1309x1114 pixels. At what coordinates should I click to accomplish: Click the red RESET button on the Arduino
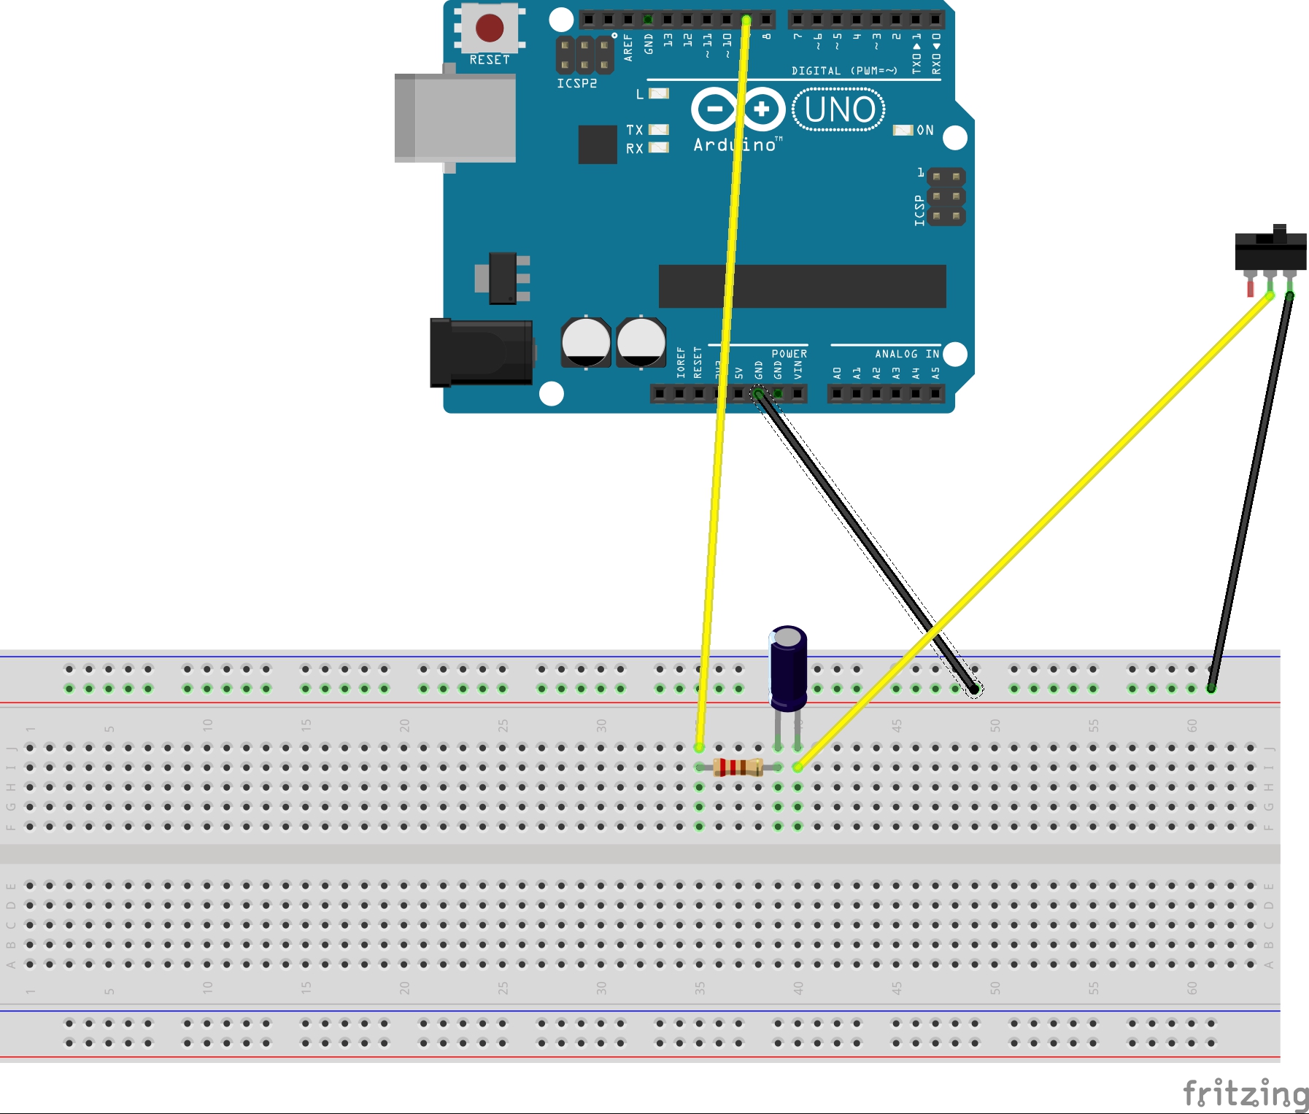pyautogui.click(x=489, y=28)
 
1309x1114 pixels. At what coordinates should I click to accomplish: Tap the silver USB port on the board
pyautogui.click(x=455, y=117)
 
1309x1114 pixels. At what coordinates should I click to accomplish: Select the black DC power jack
pyautogui.click(x=481, y=353)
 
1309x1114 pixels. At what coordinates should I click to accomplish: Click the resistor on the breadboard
pyautogui.click(x=738, y=767)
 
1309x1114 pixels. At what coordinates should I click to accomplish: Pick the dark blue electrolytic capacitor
pyautogui.click(x=788, y=668)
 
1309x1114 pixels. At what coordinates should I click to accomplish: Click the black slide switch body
pyautogui.click(x=1270, y=251)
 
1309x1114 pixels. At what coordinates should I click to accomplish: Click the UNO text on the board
pyautogui.click(x=839, y=110)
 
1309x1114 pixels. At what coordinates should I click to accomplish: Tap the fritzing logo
pyautogui.click(x=1245, y=1094)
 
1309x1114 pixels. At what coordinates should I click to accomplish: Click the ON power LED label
pyautogui.click(x=925, y=130)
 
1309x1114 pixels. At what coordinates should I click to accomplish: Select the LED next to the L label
pyautogui.click(x=659, y=93)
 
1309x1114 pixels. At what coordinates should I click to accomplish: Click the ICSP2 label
pyautogui.click(x=576, y=84)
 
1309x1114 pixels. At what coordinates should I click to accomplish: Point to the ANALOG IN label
pyautogui.click(x=906, y=354)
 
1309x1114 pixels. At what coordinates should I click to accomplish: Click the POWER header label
pyautogui.click(x=789, y=354)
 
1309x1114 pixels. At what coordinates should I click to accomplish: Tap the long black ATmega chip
pyautogui.click(x=802, y=286)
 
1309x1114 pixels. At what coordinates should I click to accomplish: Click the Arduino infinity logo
pyautogui.click(x=738, y=109)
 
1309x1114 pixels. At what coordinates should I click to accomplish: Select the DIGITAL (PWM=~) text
pyautogui.click(x=844, y=71)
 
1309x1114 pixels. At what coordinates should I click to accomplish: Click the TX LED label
pyautogui.click(x=634, y=130)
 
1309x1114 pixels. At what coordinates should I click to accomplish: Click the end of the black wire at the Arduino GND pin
pyautogui.click(x=758, y=394)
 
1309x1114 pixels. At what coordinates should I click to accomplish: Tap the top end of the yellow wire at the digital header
pyautogui.click(x=746, y=20)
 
